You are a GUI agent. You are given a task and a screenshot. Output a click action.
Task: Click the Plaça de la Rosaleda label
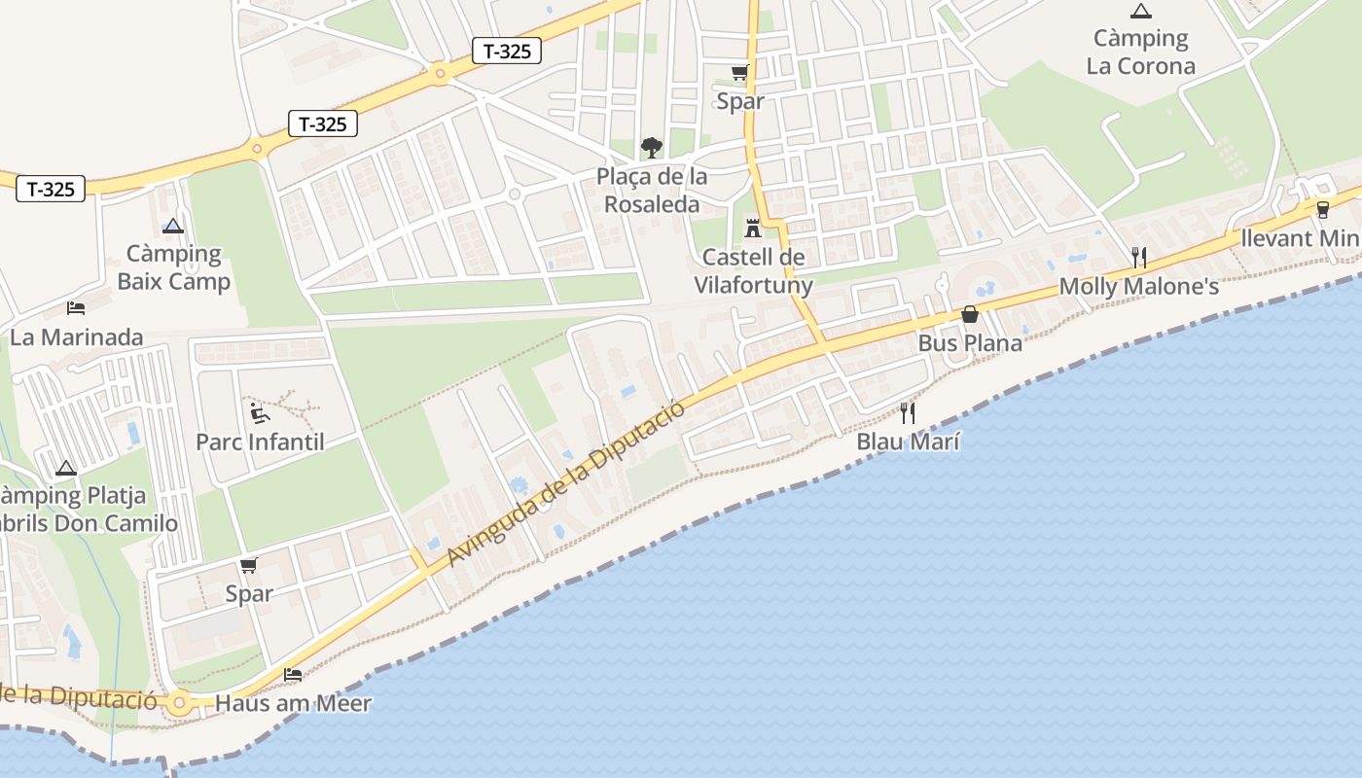[652, 191]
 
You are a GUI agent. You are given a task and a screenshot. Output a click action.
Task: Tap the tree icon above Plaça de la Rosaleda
[652, 148]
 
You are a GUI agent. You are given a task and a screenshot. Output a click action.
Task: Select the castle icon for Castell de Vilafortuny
[752, 229]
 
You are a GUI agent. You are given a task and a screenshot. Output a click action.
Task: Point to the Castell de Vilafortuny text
[752, 270]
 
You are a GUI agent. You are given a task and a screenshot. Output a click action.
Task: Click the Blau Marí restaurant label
[908, 442]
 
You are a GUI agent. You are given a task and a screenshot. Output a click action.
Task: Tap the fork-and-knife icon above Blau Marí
[908, 413]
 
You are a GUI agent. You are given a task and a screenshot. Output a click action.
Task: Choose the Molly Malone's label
[1138, 286]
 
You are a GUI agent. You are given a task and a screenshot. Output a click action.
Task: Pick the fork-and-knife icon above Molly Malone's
[1139, 258]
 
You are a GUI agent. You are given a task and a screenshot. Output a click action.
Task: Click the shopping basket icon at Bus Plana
[970, 314]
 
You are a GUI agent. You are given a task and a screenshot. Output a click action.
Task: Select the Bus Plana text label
[970, 343]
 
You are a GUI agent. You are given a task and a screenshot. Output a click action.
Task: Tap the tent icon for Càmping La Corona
[1140, 12]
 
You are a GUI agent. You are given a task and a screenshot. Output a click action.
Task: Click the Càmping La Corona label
[1140, 53]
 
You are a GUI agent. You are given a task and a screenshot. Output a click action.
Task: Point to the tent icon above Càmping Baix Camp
[173, 227]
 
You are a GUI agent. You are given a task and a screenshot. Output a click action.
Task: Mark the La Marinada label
[76, 337]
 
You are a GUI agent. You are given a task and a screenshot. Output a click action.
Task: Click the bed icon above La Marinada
[76, 308]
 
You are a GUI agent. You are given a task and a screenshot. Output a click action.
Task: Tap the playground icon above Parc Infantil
[259, 413]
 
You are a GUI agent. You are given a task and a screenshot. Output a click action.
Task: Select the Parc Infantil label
[260, 442]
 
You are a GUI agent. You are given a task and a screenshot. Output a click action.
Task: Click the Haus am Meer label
[293, 702]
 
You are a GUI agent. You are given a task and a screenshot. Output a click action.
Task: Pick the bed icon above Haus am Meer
[293, 674]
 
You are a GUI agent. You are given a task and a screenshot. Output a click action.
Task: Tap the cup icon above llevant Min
[1322, 209]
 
